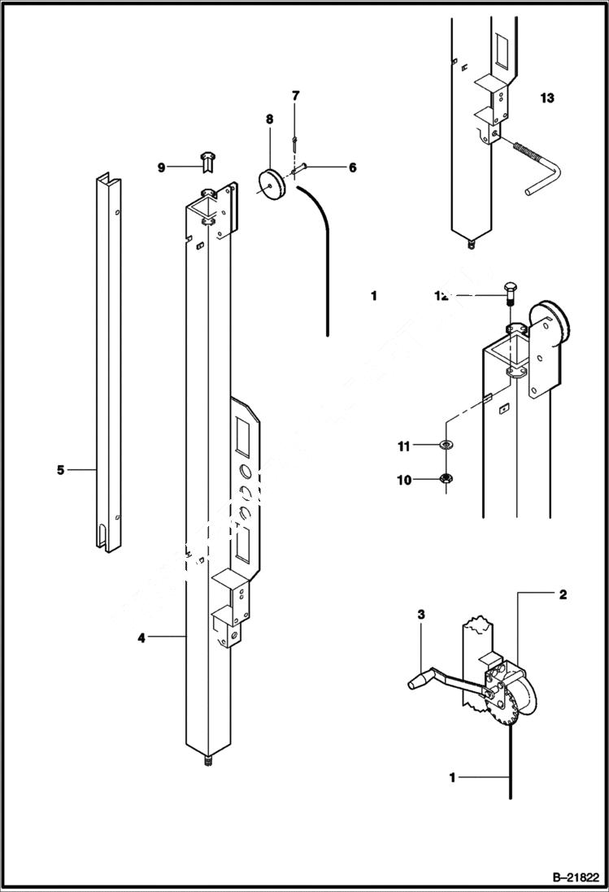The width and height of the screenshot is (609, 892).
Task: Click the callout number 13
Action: click(x=546, y=98)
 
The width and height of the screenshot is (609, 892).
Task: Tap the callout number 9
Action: click(x=161, y=168)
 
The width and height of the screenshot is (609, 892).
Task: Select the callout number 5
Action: click(x=60, y=469)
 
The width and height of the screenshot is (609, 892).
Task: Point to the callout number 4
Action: click(x=141, y=638)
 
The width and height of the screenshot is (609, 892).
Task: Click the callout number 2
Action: click(x=563, y=594)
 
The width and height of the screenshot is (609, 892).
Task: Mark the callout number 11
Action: click(x=404, y=446)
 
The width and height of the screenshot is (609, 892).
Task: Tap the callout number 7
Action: click(x=295, y=95)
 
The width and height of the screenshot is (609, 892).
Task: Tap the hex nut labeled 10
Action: click(x=446, y=479)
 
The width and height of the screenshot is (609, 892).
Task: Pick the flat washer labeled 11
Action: click(x=446, y=446)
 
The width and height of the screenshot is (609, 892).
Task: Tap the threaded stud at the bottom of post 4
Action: click(x=207, y=762)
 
